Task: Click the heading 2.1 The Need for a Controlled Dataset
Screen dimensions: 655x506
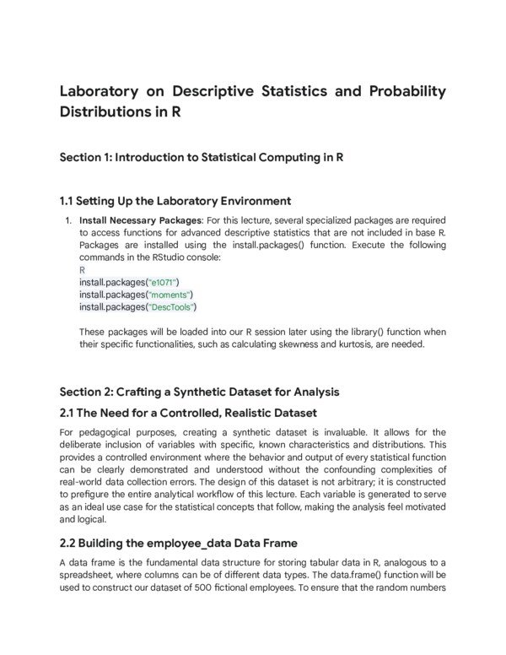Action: [x=188, y=413]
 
